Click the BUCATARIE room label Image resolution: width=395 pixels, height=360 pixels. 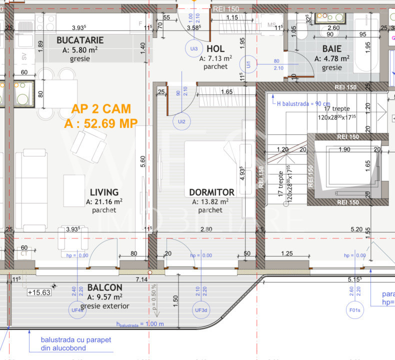(x=80, y=40)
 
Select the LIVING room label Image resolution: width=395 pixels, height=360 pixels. (x=104, y=192)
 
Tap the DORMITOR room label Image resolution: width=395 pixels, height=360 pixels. (x=211, y=192)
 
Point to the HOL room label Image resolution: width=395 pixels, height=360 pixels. (x=215, y=48)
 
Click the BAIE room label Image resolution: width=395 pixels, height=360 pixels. (x=332, y=48)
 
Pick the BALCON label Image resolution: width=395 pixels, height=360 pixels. (x=104, y=287)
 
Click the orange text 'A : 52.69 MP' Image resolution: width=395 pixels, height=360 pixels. (x=100, y=124)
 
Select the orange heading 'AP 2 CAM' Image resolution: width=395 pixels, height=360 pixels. (x=101, y=109)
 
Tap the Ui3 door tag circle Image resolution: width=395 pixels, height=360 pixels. (x=194, y=48)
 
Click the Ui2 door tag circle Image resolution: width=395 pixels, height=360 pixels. (x=181, y=120)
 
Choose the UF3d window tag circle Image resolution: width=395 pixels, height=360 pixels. (x=201, y=310)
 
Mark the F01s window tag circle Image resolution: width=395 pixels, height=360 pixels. (x=355, y=310)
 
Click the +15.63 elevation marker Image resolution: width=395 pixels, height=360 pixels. (x=39, y=292)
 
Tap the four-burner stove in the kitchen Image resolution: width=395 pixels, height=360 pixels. (x=45, y=22)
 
